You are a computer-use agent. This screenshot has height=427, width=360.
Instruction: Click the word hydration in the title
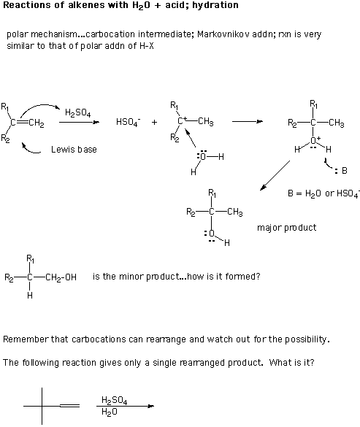point(215,5)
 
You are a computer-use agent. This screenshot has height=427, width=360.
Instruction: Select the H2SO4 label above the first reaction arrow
point(77,112)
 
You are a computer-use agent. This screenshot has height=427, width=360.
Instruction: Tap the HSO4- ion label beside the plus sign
point(128,122)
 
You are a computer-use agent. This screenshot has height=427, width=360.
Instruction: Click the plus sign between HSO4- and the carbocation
point(155,123)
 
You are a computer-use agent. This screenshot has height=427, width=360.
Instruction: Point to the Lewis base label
point(74,150)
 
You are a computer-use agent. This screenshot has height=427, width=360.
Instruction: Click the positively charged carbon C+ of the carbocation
point(182,120)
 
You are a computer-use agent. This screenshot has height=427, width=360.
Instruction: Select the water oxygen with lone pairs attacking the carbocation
point(202,156)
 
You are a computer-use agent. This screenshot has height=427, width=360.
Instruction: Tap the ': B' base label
point(341,171)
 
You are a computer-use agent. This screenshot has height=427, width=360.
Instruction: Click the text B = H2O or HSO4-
point(323,193)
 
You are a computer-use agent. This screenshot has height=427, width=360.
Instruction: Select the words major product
point(287,228)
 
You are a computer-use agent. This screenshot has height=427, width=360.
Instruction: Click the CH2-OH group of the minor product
point(61,277)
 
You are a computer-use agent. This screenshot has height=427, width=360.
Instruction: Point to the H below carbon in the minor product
point(30,296)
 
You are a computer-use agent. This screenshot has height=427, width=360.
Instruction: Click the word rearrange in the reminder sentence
point(162,339)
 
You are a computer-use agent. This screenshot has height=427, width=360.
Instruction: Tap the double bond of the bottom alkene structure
point(70,406)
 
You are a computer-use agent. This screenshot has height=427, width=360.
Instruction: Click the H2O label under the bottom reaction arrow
point(110,412)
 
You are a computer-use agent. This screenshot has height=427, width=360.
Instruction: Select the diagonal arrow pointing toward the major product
point(275,175)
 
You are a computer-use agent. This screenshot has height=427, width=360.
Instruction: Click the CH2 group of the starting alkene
point(37,123)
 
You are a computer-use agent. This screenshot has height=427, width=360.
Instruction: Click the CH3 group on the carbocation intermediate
point(206,121)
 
